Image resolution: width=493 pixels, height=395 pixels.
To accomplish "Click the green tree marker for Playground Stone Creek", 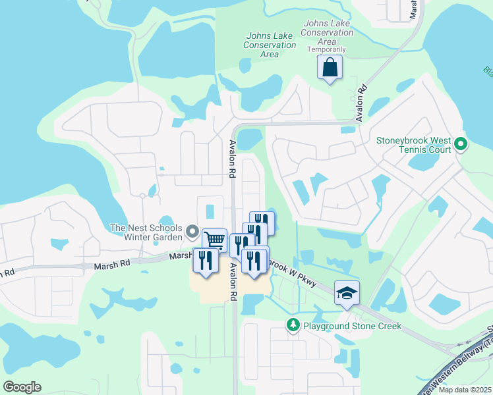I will (293, 325).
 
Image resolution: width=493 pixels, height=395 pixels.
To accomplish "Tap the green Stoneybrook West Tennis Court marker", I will (460, 144).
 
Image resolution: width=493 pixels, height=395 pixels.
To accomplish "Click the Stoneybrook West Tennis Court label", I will (413, 145).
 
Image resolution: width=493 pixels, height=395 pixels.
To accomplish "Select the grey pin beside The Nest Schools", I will (192, 231).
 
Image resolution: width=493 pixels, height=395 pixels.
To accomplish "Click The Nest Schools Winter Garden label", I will (147, 233).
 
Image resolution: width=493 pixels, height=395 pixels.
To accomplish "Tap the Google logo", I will (22, 387).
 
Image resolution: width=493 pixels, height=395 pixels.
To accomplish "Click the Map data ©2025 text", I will (463, 390).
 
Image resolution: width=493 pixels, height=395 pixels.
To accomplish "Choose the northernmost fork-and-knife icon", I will (262, 222).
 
